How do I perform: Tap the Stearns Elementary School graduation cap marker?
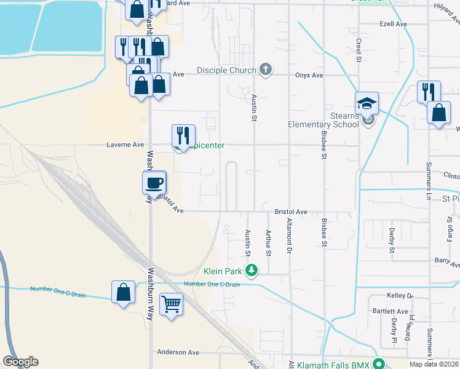click(367, 103)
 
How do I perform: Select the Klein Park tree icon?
click(252, 270)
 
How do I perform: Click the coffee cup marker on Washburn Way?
click(154, 182)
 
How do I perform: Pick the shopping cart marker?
click(171, 304)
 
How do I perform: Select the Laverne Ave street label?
click(125, 145)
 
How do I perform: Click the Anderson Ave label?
click(178, 352)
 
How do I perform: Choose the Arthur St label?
click(268, 242)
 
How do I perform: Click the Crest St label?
click(358, 51)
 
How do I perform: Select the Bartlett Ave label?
click(394, 312)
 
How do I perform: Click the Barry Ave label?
click(446, 261)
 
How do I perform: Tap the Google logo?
click(20, 362)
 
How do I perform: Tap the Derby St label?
click(392, 240)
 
